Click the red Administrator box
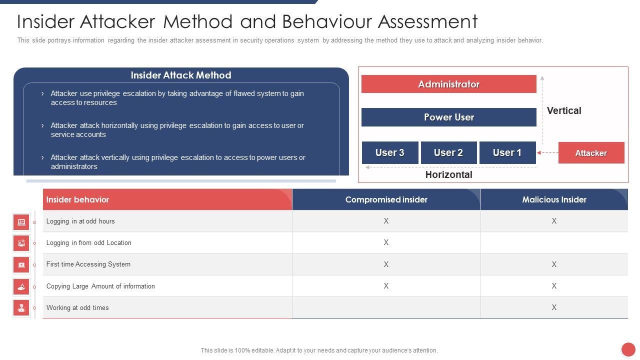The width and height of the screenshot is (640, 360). [448, 84]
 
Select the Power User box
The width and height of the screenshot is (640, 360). [448, 117]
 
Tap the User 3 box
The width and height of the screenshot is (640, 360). [390, 152]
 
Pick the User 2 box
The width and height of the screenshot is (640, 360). [448, 152]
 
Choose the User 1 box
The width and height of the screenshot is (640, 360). [507, 152]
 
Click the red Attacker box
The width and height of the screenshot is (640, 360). [591, 153]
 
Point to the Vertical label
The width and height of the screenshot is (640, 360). [564, 110]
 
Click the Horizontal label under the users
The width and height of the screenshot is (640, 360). [448, 174]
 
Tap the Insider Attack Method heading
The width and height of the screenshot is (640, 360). [181, 75]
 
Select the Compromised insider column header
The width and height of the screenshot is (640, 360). [386, 199]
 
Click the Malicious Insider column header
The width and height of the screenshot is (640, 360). [554, 199]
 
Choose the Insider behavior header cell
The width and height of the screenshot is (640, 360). [77, 199]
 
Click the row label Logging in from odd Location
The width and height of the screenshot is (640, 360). [89, 242]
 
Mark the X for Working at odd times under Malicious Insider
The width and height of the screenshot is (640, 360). [554, 307]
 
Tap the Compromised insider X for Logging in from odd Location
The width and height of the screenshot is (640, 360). [386, 242]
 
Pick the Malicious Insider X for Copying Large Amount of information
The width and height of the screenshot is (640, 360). [554, 286]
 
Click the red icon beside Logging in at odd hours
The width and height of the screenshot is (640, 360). [21, 222]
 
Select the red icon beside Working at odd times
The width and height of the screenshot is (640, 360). [21, 307]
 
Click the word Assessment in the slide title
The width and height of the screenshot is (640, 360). [427, 21]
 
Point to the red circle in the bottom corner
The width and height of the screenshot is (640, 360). [628, 349]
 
